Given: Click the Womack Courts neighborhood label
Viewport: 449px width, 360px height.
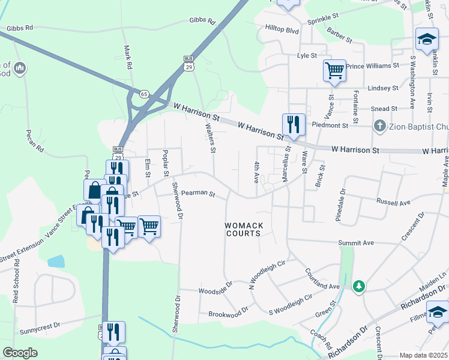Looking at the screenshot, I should (244, 229).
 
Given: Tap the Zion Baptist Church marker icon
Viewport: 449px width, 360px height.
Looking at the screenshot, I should (379, 126).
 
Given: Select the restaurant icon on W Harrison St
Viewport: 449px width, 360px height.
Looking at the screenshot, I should (294, 124).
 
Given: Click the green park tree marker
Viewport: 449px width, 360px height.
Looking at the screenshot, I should (359, 286).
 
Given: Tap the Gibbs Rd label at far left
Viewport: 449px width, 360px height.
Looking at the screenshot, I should (20, 28).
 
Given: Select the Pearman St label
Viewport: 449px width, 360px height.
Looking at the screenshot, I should (198, 193).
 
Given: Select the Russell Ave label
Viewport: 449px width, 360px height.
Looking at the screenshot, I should (393, 202).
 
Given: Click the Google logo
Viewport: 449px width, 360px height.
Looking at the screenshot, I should (20, 353).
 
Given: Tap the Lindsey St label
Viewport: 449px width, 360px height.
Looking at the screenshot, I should (383, 88).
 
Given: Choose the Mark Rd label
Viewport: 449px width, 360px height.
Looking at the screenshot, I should (127, 58).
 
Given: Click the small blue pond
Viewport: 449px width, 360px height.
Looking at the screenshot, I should (55, 261).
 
